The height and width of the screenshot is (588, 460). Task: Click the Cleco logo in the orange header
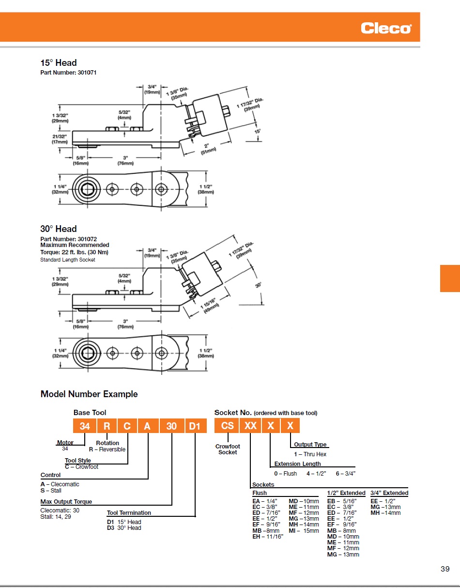pos(385,29)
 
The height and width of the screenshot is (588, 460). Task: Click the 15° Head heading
pos(59,63)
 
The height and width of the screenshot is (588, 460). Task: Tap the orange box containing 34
pos(85,426)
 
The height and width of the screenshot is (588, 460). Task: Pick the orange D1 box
pos(194,426)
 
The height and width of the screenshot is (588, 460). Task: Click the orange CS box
pos(227,426)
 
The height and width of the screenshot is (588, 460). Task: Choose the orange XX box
pos(250,426)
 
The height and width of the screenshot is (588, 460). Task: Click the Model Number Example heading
pos(89,394)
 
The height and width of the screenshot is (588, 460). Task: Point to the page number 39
pos(445,569)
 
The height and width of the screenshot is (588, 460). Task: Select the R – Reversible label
pos(107,449)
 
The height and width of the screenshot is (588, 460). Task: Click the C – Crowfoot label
pos(81,467)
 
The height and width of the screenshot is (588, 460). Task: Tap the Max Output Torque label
pos(66,502)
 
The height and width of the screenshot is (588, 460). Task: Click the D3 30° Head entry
pos(124,528)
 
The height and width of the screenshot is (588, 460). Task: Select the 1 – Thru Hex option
pos(310,454)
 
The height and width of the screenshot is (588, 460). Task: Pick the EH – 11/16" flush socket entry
pos(268,537)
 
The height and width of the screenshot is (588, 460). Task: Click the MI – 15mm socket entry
pos(304,531)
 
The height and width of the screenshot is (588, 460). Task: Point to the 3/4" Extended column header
pos(389,493)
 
